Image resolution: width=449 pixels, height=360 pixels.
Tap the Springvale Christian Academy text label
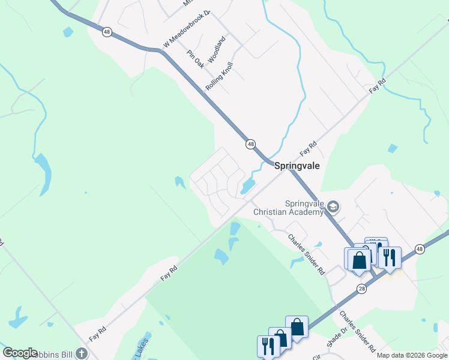(288, 208)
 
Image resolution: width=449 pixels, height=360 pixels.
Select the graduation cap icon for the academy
(334, 208)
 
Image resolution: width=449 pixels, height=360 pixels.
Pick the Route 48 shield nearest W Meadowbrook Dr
(106, 32)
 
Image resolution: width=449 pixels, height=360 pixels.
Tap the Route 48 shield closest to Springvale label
(250, 144)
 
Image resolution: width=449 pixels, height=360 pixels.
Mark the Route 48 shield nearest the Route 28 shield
(419, 248)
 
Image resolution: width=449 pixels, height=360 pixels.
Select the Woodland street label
(217, 50)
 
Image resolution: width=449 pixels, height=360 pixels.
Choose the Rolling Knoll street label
(219, 76)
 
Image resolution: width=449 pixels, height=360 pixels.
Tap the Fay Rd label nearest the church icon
(98, 334)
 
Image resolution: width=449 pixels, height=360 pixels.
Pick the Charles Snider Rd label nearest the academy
(306, 255)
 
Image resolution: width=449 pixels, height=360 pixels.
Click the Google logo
(20, 353)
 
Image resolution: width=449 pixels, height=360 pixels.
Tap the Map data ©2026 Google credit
(412, 355)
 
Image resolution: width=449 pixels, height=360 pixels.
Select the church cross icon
(80, 354)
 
